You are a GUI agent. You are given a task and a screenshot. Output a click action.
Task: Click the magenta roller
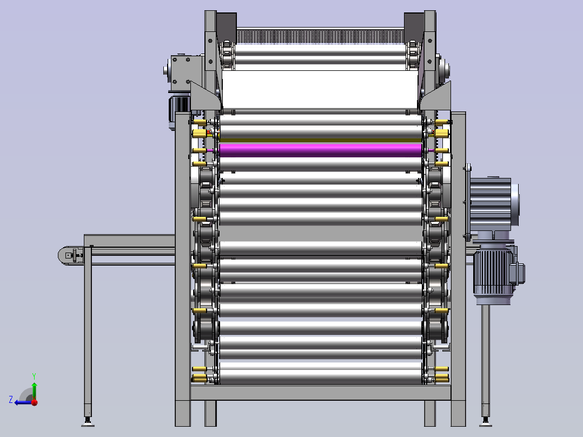321,150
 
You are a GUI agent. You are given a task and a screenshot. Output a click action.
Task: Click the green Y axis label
34,376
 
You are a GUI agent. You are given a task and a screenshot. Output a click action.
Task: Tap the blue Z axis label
11,400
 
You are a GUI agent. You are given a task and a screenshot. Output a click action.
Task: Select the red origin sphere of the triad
35,402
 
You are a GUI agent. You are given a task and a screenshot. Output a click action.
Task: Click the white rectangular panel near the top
320,89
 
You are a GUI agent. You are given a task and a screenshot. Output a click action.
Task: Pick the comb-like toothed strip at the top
320,36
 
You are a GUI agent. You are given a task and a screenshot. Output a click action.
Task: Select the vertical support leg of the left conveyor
88,331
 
